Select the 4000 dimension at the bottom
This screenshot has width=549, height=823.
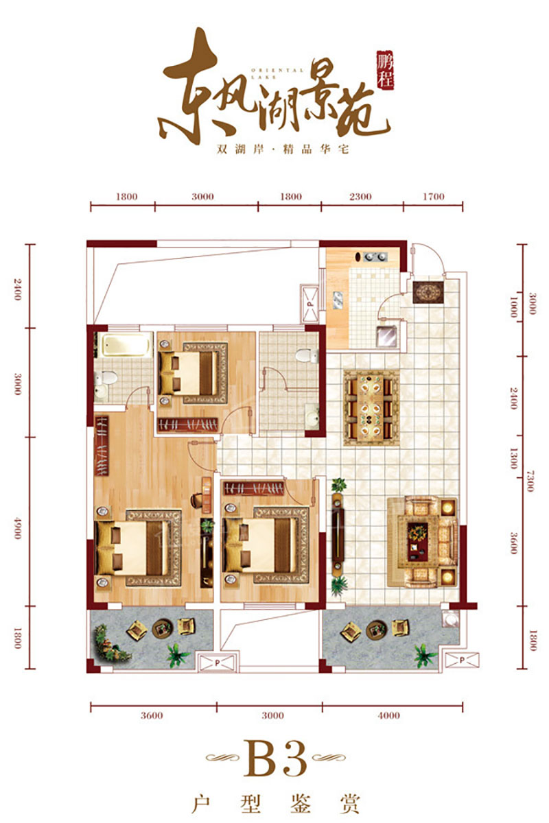coord(388,715)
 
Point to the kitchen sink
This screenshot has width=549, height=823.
coord(340,300)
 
